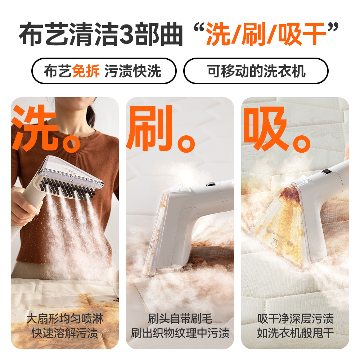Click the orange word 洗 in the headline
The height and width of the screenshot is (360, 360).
coord(217,35)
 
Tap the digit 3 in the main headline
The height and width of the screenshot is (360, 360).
coord(128,35)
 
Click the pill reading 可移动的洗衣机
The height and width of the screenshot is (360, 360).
coord(256,71)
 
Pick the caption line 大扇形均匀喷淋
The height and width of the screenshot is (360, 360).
coord(65,319)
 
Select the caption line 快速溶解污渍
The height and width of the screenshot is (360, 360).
coord(65,333)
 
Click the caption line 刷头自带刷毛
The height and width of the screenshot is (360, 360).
coord(180,319)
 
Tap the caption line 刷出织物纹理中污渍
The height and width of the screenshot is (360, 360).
coord(180,333)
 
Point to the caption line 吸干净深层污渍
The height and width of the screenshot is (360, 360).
coord(295,319)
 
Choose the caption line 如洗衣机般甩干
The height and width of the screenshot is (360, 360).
coord(295,333)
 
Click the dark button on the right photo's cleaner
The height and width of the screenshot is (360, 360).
coord(327,172)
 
